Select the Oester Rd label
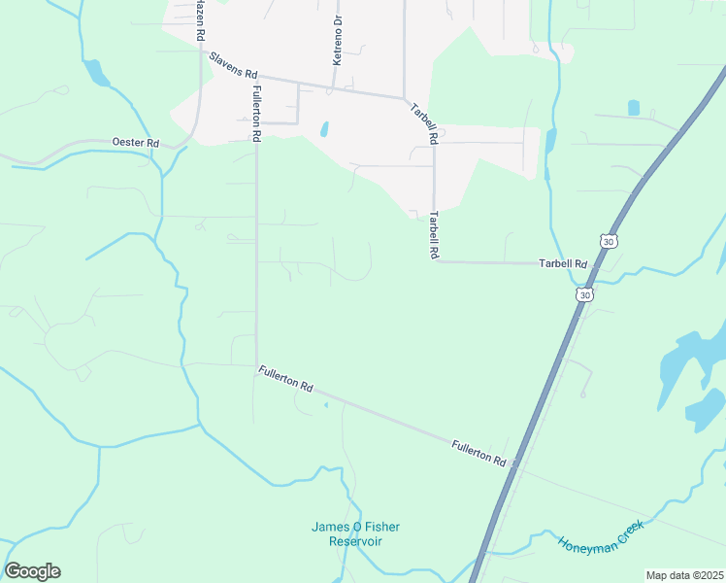point(135,143)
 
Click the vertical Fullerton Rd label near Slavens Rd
point(257,114)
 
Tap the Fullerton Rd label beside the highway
point(479,452)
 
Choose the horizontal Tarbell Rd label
point(564,263)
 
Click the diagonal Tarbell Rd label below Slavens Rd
point(423,123)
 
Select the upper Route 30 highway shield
point(608,240)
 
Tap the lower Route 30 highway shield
point(583,293)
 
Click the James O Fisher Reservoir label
point(355,533)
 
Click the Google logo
point(32,571)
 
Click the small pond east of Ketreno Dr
point(324,128)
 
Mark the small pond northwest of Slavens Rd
point(95,72)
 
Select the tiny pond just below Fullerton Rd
point(326,404)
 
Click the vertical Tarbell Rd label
point(435,235)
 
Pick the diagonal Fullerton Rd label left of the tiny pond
point(285,379)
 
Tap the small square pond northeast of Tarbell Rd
point(634,108)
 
